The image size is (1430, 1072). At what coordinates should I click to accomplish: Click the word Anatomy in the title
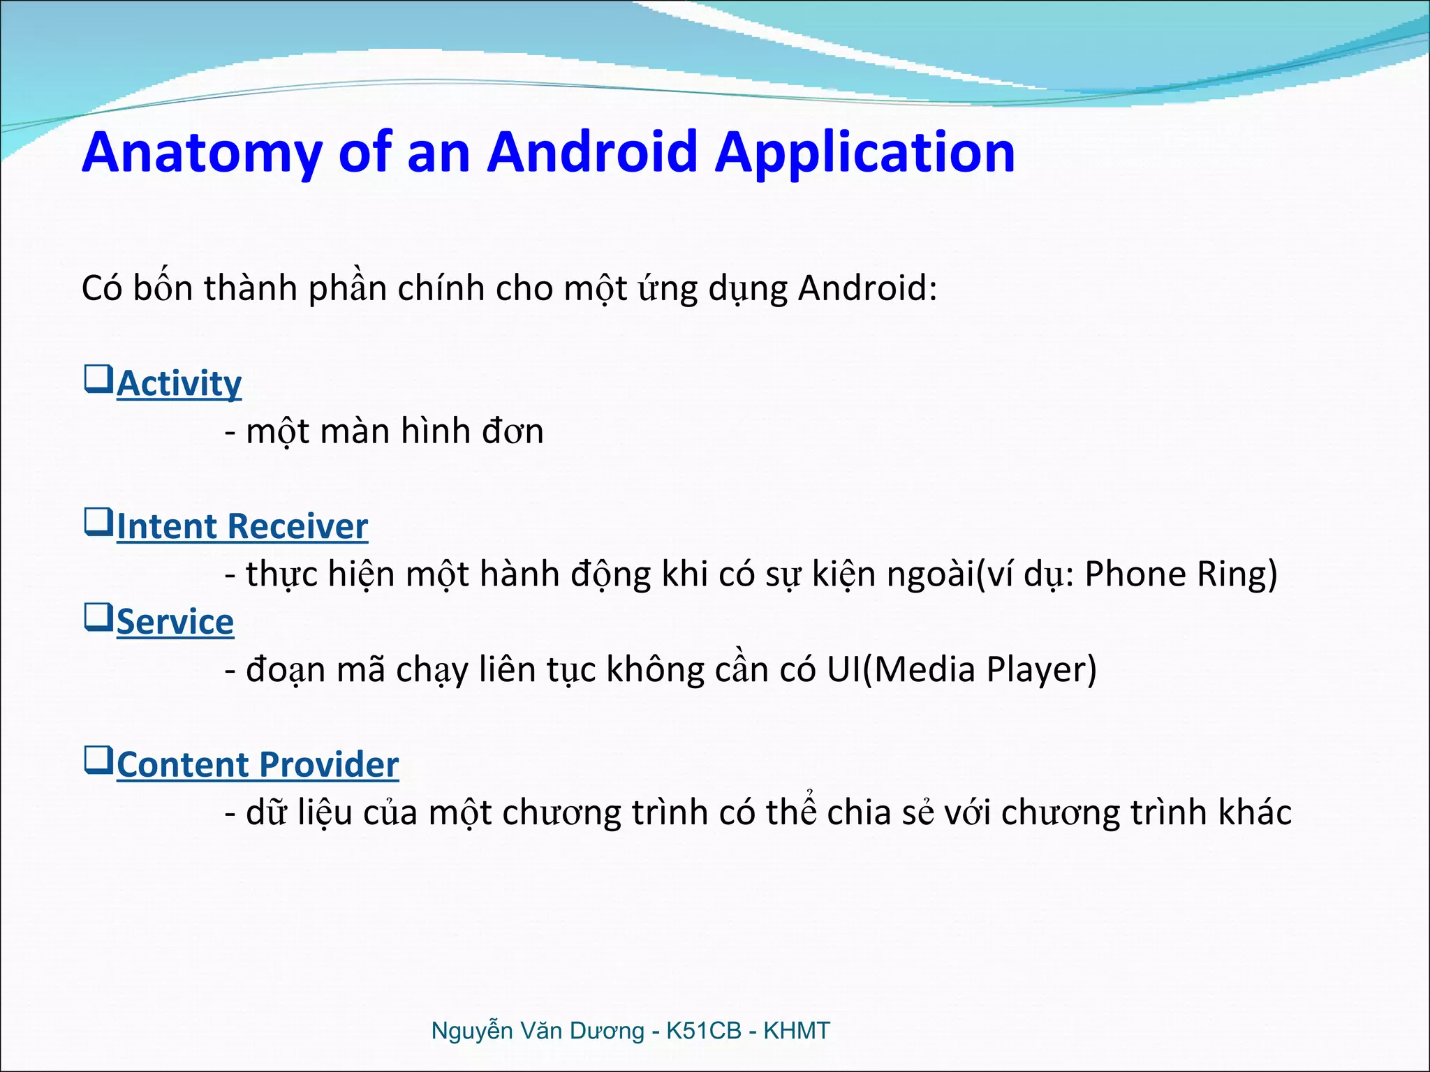coord(202,153)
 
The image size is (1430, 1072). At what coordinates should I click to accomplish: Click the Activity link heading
coord(179,384)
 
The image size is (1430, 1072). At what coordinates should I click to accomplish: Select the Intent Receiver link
coord(242,526)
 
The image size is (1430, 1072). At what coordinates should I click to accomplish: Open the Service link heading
coord(175,622)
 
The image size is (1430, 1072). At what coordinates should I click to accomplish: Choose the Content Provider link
coord(257,765)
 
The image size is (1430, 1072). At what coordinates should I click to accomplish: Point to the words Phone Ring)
coord(1181,574)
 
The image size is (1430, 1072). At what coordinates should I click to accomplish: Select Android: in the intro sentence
coord(867,288)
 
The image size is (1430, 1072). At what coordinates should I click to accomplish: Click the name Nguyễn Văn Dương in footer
coord(537,1031)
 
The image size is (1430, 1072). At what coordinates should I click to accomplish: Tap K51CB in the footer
coord(703,1031)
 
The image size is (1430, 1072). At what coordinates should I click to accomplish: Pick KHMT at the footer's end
coord(796,1031)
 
